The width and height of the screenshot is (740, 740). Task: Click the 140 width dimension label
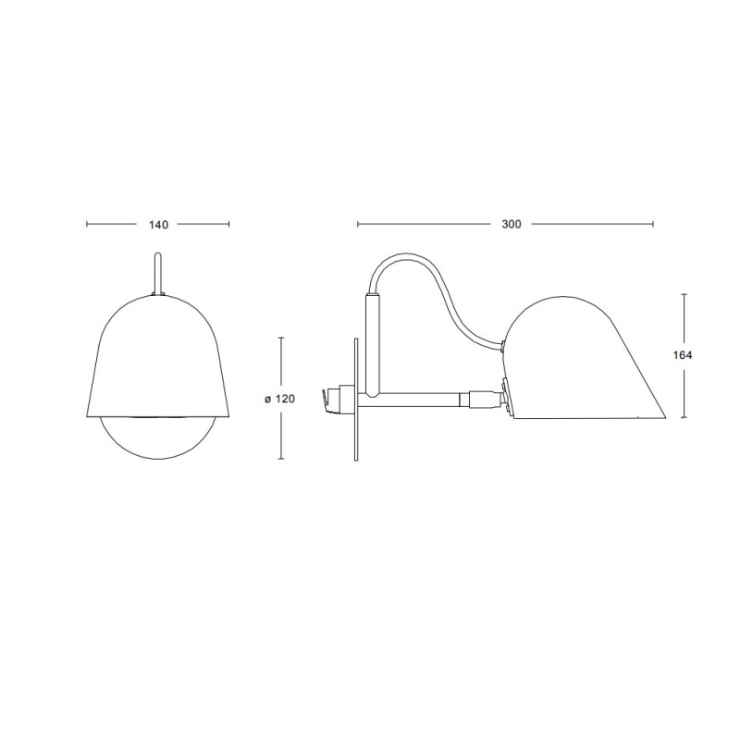(157, 224)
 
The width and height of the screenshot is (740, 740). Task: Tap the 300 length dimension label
(511, 224)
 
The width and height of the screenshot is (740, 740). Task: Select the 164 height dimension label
(684, 354)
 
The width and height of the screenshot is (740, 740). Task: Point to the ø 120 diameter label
(277, 399)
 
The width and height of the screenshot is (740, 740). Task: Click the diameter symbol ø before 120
(267, 399)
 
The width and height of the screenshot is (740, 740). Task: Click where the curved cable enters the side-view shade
(502, 347)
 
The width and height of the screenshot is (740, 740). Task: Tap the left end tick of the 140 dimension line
(86, 224)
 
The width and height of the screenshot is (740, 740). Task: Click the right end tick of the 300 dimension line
(653, 224)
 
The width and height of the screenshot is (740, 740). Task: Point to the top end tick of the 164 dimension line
(684, 294)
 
